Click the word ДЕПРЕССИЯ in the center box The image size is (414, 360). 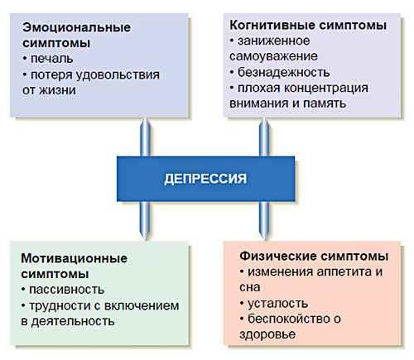click(x=205, y=179)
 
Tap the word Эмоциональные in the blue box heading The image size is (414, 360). click(x=77, y=27)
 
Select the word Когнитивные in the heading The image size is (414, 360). click(x=272, y=25)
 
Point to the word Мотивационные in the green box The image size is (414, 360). click(x=75, y=258)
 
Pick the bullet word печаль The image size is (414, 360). click(x=52, y=59)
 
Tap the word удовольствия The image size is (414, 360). click(x=118, y=75)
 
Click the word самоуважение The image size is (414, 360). click(x=273, y=56)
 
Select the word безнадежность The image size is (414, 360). click(x=284, y=72)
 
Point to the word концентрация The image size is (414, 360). click(x=326, y=89)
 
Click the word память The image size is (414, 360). click(x=325, y=103)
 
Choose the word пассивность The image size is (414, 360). click(x=67, y=290)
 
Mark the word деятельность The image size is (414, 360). click(x=73, y=321)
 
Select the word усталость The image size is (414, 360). click(x=277, y=304)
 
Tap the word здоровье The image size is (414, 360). click(x=267, y=334)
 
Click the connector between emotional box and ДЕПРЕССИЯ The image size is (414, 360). click(x=145, y=137)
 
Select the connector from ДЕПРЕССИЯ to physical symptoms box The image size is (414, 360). click(x=264, y=221)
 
